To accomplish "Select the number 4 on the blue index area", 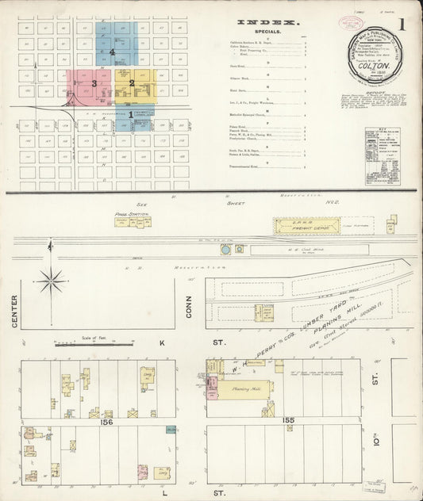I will point(113,53).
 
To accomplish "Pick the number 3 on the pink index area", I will point(94,82).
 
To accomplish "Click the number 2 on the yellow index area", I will point(132,82).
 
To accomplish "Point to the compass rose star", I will point(52,279).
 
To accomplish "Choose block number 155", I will point(287,419).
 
